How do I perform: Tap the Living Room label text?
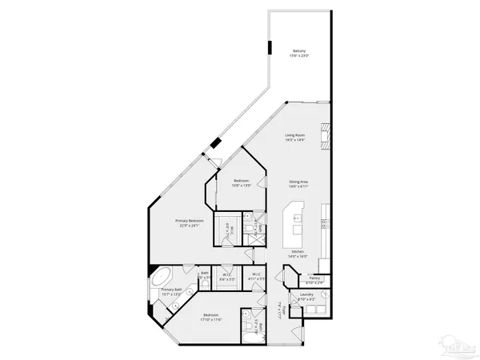click(x=295, y=135)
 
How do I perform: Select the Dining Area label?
click(x=299, y=182)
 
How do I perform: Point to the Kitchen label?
click(x=297, y=251)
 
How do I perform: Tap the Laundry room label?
click(x=306, y=294)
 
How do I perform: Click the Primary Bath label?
click(x=172, y=290)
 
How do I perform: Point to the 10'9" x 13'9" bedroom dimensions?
click(x=242, y=186)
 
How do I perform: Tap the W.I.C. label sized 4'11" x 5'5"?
click(x=255, y=276)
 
